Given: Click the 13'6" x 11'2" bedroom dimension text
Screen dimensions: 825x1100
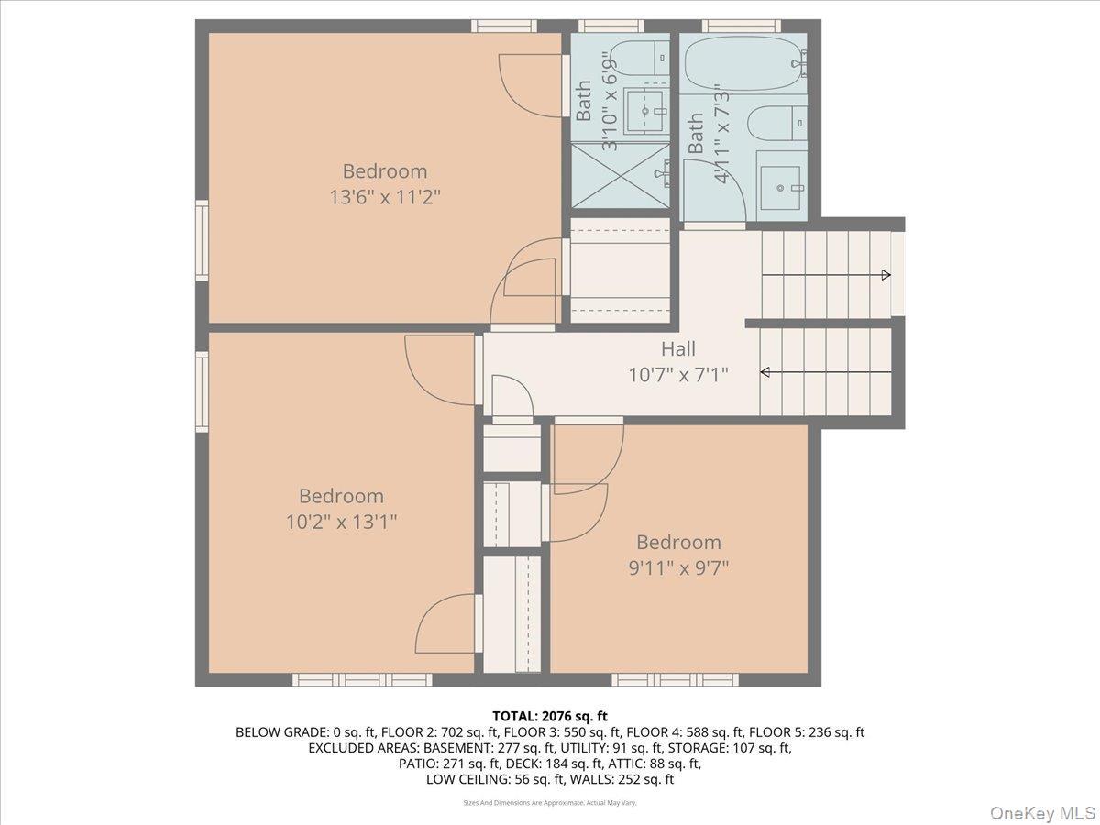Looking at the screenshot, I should tap(385, 196).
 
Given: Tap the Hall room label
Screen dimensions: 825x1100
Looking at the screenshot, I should tap(678, 348).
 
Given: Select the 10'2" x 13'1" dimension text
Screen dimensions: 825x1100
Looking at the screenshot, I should tap(341, 522).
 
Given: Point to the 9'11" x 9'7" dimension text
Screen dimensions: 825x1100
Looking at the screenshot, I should tap(678, 567).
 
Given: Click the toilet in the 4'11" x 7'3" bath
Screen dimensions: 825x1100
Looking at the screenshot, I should tap(775, 123).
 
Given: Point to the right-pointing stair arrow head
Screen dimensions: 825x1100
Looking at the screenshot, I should tap(885, 275).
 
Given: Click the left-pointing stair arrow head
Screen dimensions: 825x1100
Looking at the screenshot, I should tap(765, 372).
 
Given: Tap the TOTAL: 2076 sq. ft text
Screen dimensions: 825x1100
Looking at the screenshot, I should tap(550, 716).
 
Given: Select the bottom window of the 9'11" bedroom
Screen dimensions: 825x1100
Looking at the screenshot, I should tap(675, 680).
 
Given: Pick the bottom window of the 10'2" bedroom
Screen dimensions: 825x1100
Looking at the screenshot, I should tap(362, 680).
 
